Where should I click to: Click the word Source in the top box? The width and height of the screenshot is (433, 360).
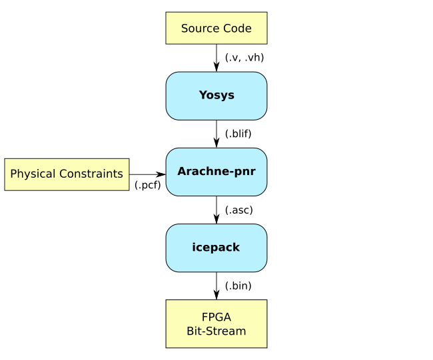click(201, 29)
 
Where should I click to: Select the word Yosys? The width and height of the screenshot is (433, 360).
click(217, 95)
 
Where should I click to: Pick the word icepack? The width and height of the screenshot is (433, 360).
click(216, 248)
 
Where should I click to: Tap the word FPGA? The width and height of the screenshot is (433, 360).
click(217, 317)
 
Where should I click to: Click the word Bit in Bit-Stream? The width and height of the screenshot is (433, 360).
click(195, 331)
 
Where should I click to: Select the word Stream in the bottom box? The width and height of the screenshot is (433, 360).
click(227, 331)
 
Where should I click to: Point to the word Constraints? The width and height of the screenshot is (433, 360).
click(91, 174)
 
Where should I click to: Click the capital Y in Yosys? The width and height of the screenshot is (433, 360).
click(203, 95)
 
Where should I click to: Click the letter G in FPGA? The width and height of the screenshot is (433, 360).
click(220, 317)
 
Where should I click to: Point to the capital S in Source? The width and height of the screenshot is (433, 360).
click(185, 29)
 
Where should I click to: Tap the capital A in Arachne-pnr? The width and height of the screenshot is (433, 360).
click(182, 172)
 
